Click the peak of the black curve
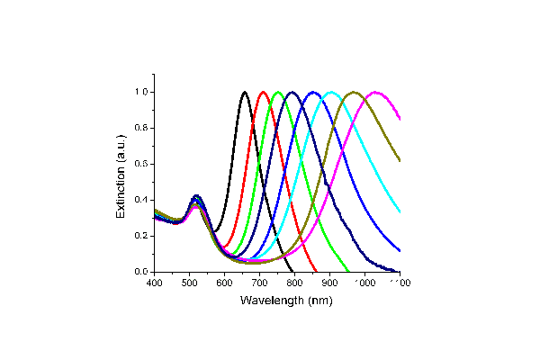click(x=244, y=92)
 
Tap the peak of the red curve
click(x=263, y=92)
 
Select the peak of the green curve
click(x=277, y=92)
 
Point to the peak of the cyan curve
click(x=330, y=92)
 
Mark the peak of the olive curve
click(x=354, y=92)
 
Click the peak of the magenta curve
click(x=375, y=92)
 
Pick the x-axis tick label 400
click(x=154, y=283)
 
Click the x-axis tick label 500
click(x=189, y=283)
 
